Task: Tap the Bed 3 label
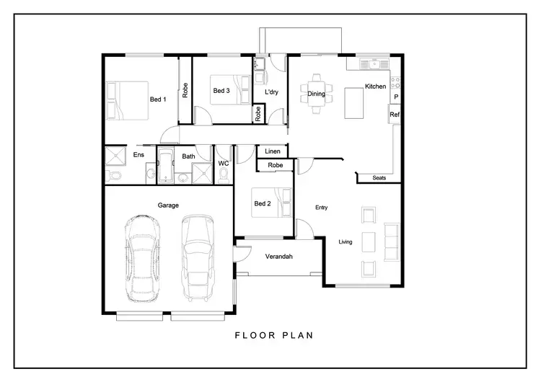(x=221, y=91)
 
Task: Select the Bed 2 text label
(x=263, y=203)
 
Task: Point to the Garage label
(x=168, y=205)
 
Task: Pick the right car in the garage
(x=198, y=257)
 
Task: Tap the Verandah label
(x=278, y=257)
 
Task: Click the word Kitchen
(x=375, y=86)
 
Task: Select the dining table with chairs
(x=317, y=94)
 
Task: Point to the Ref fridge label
(x=395, y=115)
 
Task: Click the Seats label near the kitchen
(x=379, y=177)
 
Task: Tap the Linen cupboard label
(x=273, y=151)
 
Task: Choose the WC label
(x=224, y=164)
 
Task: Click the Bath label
(x=188, y=156)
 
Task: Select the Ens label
(x=139, y=155)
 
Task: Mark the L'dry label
(x=272, y=93)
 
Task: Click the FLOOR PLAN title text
(x=273, y=335)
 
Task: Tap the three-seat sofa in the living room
(x=392, y=242)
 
